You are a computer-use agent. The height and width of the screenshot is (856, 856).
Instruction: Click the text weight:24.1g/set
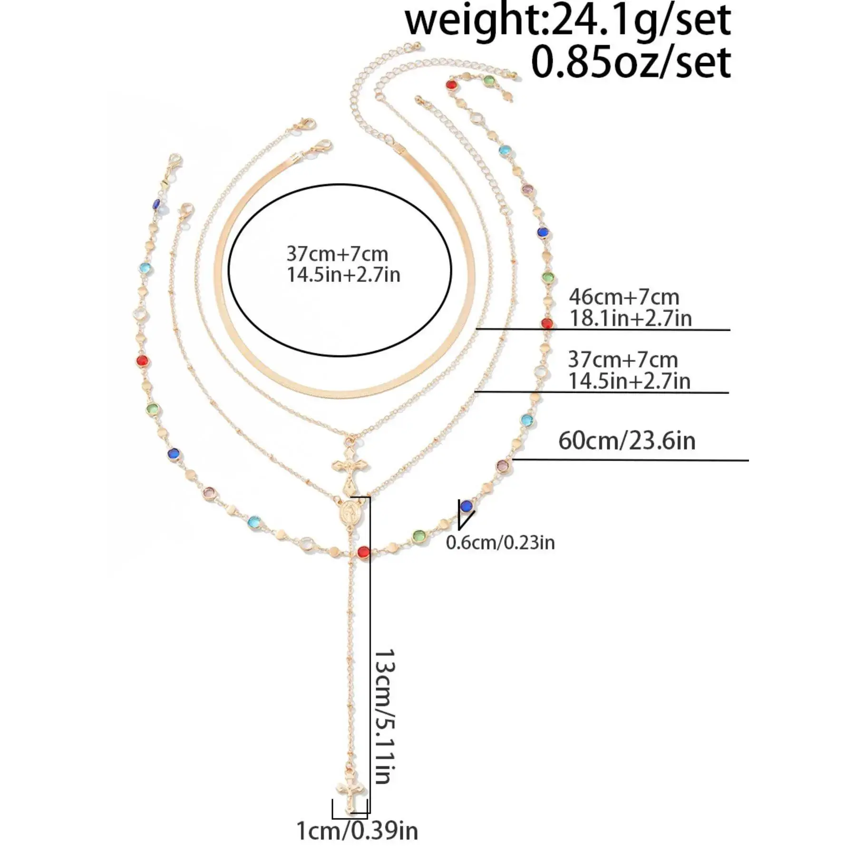click(568, 21)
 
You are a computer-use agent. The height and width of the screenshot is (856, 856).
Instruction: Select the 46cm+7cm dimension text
click(624, 297)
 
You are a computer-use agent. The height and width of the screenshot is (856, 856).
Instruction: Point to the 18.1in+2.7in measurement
click(631, 318)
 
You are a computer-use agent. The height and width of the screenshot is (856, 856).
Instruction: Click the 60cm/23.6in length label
click(627, 441)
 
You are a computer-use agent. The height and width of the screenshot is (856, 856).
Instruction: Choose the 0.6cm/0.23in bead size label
click(500, 543)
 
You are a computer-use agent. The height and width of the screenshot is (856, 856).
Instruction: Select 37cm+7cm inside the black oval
click(337, 254)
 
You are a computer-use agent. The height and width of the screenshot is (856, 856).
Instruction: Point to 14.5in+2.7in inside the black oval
click(343, 275)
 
